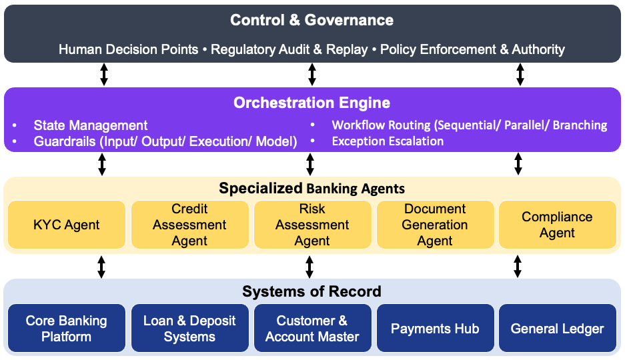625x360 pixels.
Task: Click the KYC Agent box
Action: coord(67,225)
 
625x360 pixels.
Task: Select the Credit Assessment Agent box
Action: coord(189,225)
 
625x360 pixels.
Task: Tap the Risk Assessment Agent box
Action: coord(312,225)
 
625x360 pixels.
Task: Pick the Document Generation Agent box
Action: coord(436,225)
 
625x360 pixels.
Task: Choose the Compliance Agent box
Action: coord(557,225)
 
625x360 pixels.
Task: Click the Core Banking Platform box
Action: coord(67,328)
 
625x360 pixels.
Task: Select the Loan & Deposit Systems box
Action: coord(189,328)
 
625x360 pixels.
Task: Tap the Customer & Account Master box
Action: coord(312,328)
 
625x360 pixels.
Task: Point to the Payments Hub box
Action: coord(436,328)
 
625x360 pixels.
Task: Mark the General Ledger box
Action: coord(557,328)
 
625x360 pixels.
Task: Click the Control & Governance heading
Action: coord(311,20)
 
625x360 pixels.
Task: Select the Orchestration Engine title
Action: coord(311,103)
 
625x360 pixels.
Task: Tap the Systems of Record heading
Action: coord(311,291)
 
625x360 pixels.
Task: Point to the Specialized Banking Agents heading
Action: coord(311,189)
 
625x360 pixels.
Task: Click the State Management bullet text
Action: coord(91,125)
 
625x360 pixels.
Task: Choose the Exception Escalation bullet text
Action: coord(388,141)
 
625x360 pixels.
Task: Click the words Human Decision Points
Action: coord(128,49)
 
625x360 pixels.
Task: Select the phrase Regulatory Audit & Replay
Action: coord(289,49)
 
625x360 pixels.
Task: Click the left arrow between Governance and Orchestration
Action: coord(104,75)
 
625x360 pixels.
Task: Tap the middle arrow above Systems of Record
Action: coord(309,267)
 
